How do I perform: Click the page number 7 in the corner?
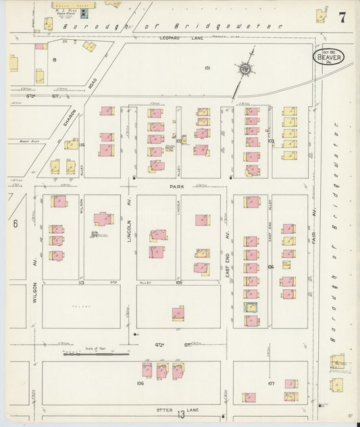342,18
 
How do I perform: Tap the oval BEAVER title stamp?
329,57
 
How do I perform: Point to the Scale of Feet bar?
95,353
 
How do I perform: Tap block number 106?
140,383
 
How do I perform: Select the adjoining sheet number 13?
181,414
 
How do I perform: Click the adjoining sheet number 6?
14,224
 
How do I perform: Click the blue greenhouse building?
84,13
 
